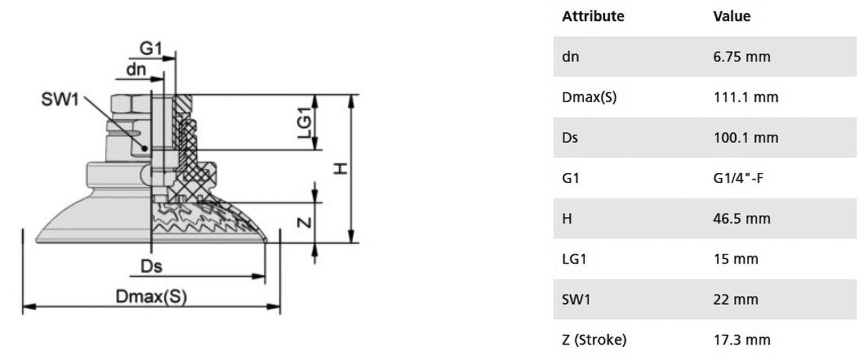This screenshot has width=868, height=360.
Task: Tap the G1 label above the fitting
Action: [150, 49]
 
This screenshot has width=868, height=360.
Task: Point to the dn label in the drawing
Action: [136, 69]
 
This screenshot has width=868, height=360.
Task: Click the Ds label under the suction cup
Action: [151, 267]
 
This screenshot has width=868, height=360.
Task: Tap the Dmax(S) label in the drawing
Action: [151, 297]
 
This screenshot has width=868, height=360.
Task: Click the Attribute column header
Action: [593, 16]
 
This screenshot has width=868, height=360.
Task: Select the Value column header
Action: [732, 16]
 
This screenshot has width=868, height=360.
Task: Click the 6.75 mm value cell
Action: [741, 57]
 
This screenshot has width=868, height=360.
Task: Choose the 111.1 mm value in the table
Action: [746, 97]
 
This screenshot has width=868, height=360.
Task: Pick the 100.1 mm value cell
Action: [746, 138]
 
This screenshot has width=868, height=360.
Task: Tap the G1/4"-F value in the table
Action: [738, 178]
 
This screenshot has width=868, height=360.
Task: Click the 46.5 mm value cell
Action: [741, 219]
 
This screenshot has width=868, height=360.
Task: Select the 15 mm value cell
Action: [734, 259]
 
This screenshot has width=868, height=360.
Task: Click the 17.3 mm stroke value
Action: [741, 340]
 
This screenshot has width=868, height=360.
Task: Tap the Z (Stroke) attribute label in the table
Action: [594, 340]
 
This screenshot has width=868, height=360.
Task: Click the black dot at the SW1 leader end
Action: [145, 149]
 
